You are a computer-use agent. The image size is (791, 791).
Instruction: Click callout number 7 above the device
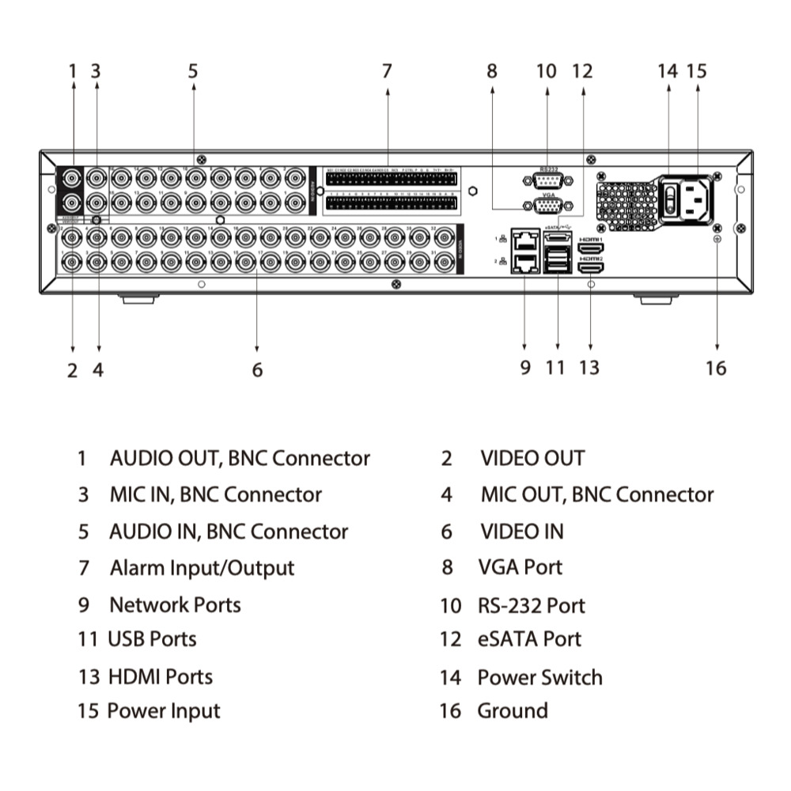click(387, 71)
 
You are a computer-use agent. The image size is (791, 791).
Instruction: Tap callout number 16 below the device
click(716, 368)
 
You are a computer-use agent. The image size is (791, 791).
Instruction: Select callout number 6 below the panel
click(257, 369)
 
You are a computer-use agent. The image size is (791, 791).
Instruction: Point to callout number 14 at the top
click(668, 71)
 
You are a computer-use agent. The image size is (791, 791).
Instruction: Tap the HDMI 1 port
click(591, 249)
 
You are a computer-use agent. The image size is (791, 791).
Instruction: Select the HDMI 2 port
click(591, 268)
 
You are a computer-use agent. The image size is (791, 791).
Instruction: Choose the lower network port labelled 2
click(524, 263)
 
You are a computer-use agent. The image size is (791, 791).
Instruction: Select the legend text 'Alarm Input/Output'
click(202, 568)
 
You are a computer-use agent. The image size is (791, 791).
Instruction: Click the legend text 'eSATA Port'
click(529, 639)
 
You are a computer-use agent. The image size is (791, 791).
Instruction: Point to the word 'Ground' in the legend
click(512, 710)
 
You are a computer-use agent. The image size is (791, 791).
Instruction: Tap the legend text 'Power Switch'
click(539, 678)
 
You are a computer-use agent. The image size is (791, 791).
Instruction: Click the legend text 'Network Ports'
click(175, 605)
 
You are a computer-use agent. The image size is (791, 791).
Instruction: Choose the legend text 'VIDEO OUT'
click(532, 458)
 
